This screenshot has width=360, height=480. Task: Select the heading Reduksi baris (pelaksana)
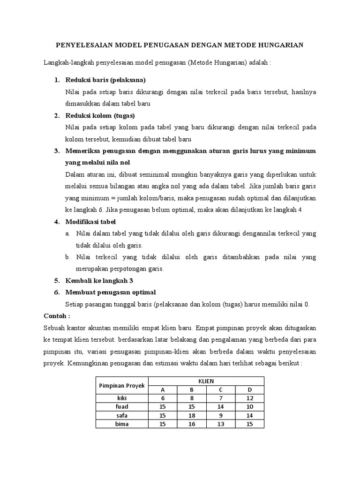pyautogui.click(x=105, y=80)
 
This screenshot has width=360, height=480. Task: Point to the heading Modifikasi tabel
pyautogui.click(x=90, y=221)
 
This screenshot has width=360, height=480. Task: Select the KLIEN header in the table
pyautogui.click(x=206, y=381)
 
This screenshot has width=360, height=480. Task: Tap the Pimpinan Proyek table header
pyautogui.click(x=121, y=385)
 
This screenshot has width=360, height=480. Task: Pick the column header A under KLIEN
pyautogui.click(x=163, y=390)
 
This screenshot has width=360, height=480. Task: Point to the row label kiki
pyautogui.click(x=122, y=398)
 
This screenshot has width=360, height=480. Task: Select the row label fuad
pyautogui.click(x=122, y=406)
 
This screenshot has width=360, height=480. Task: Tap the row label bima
pyautogui.click(x=122, y=424)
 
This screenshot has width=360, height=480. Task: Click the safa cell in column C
pyautogui.click(x=220, y=415)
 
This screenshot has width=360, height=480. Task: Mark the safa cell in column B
pyautogui.click(x=191, y=415)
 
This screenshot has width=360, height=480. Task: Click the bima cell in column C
pyautogui.click(x=220, y=424)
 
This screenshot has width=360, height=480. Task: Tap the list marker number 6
pyautogui.click(x=56, y=292)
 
